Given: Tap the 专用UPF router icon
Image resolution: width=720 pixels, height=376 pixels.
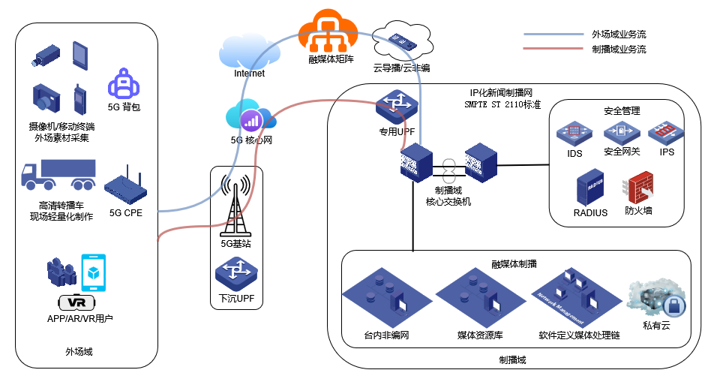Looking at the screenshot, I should pyautogui.click(x=397, y=108).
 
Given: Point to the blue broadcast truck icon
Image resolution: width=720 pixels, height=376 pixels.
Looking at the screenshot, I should pyautogui.click(x=58, y=176).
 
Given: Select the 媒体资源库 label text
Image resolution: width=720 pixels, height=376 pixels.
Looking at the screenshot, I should pyautogui.click(x=480, y=335).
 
